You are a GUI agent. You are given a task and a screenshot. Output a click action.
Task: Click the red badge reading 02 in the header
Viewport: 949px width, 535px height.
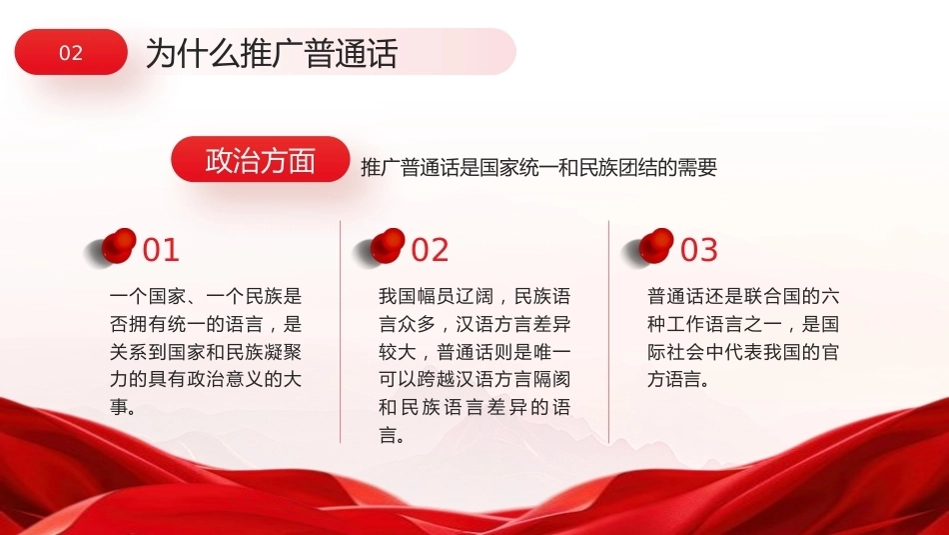click(x=71, y=52)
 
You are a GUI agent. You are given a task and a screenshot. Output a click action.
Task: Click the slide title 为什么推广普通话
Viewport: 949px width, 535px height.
click(x=271, y=53)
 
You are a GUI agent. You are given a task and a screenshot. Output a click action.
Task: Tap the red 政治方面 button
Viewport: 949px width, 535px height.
click(x=261, y=159)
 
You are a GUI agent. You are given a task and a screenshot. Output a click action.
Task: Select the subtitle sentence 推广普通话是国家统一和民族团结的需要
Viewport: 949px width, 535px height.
click(x=538, y=167)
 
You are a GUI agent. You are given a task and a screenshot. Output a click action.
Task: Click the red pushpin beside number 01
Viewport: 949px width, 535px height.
click(x=118, y=246)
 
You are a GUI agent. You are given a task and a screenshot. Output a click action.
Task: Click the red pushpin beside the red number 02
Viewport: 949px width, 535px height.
click(x=387, y=246)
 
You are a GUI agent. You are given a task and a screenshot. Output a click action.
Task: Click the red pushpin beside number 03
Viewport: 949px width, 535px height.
click(x=655, y=246)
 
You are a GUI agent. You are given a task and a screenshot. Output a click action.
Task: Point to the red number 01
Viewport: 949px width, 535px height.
click(x=161, y=250)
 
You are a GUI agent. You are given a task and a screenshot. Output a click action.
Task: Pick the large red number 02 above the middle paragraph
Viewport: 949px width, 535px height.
click(x=430, y=250)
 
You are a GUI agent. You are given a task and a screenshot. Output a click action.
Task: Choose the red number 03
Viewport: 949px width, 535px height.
click(x=699, y=250)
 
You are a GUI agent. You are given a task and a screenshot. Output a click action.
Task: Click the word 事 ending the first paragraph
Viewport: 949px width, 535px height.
click(x=119, y=407)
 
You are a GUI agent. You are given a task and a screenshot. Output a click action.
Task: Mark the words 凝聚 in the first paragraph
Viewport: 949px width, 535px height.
click(x=283, y=351)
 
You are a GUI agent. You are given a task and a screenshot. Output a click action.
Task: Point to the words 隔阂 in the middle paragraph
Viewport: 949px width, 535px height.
click(x=551, y=379)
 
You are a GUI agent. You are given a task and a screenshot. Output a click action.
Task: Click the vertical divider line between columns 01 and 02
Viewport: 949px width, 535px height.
click(x=340, y=331)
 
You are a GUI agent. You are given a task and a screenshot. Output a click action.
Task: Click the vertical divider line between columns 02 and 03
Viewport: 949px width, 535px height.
click(x=609, y=331)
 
